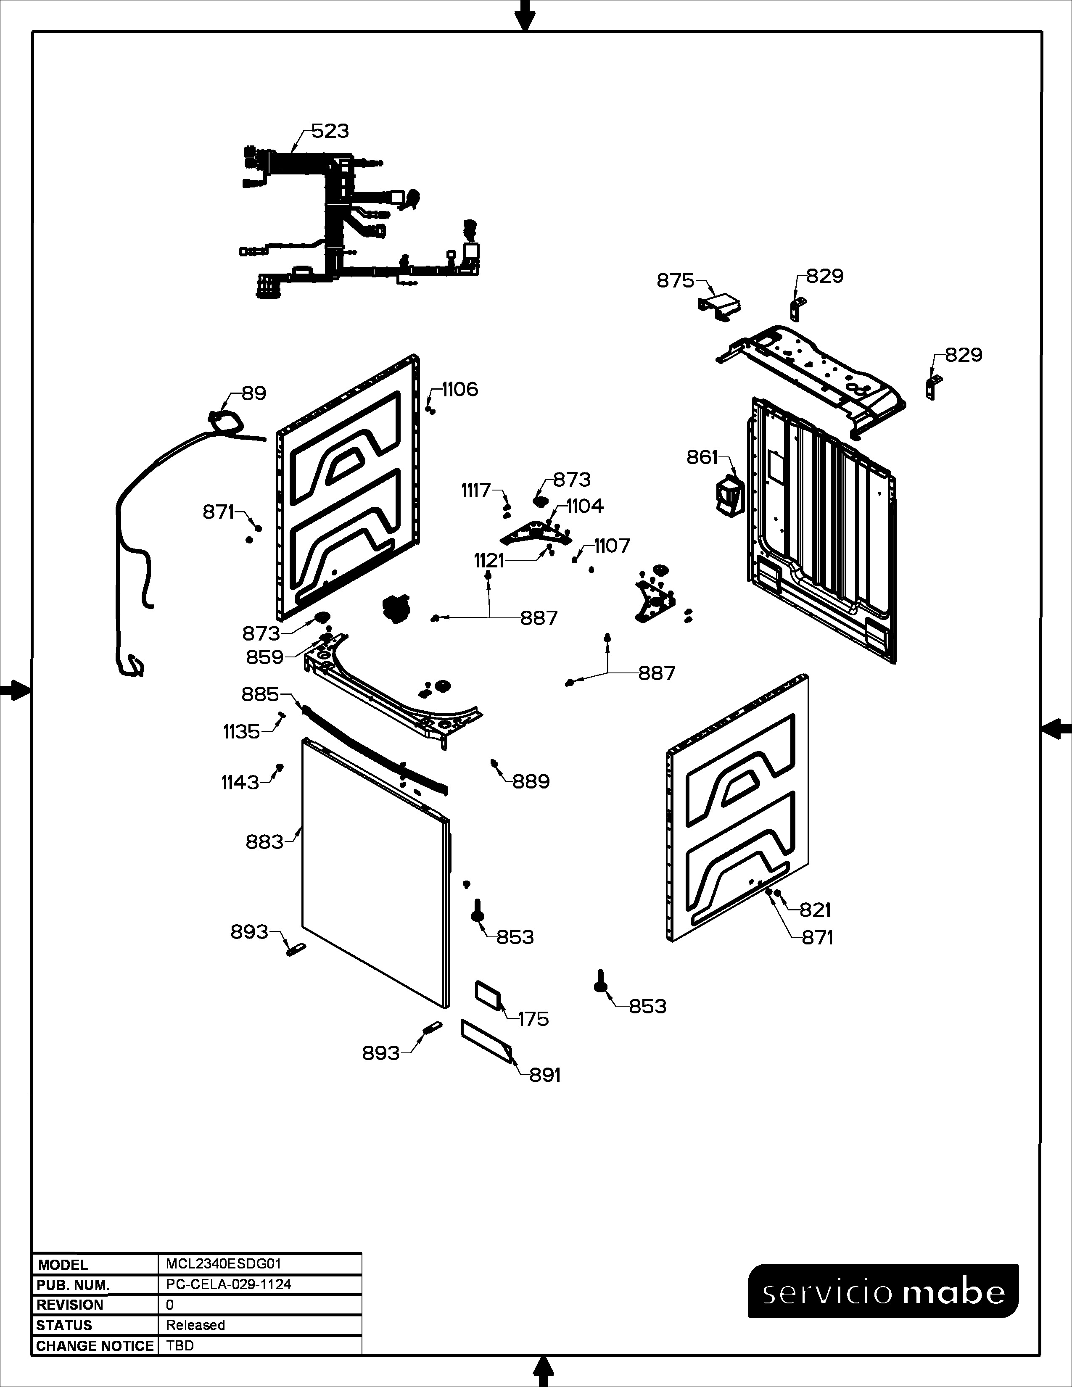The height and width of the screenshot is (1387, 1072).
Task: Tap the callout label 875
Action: tap(675, 281)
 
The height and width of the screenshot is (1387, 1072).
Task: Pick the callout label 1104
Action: tap(585, 506)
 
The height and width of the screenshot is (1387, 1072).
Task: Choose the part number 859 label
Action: tap(265, 657)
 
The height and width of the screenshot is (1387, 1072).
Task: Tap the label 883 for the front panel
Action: tap(264, 842)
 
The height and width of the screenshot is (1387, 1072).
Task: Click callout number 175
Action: tap(533, 1019)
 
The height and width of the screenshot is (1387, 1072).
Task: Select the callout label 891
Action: tap(545, 1075)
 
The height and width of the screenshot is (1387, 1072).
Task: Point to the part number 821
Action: tap(816, 910)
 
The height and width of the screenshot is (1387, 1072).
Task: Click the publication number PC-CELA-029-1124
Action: tap(229, 1284)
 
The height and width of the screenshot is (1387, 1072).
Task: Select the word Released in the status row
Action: tap(195, 1325)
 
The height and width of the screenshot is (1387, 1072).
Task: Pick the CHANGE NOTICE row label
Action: tap(95, 1346)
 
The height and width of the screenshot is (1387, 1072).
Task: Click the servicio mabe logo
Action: tap(883, 1292)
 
